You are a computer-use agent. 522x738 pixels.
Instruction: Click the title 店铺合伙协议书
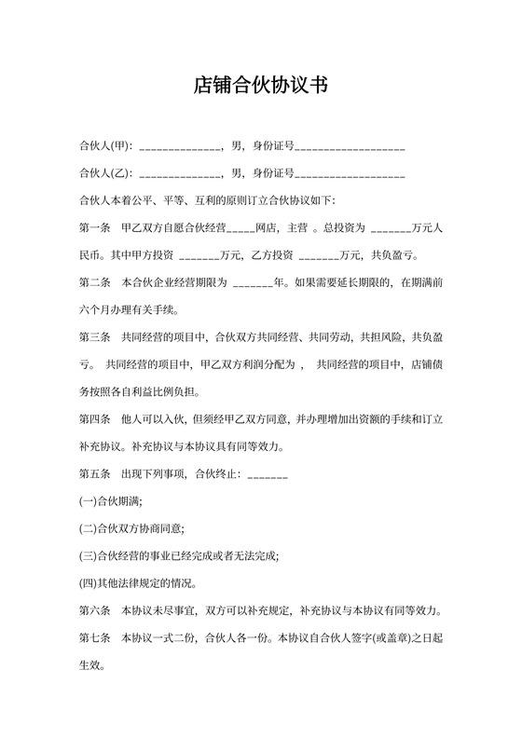tap(261, 86)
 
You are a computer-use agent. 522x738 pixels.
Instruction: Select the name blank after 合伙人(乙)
tap(178, 175)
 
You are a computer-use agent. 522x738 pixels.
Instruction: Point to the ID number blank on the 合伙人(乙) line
tap(350, 175)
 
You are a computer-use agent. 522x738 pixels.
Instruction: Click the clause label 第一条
tap(96, 228)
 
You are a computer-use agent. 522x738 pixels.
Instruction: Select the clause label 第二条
tap(96, 282)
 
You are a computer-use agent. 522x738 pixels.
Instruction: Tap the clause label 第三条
tap(96, 336)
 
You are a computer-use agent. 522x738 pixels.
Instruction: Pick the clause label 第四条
tap(96, 419)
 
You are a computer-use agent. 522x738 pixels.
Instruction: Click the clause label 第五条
tap(96, 475)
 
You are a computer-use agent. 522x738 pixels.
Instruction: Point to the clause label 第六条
tap(96, 611)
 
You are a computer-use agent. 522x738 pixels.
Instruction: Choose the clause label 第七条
tap(96, 639)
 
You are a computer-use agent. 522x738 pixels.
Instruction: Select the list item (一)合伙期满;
tap(111, 502)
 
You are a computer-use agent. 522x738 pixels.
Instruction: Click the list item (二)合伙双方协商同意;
tap(131, 529)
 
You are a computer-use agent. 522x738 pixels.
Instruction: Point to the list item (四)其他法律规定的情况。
tap(137, 583)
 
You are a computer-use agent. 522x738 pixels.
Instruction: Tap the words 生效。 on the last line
tap(94, 666)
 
